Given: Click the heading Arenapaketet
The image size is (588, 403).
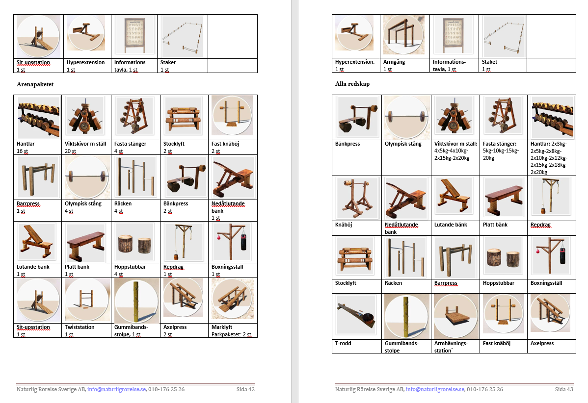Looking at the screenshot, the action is [x=35, y=84].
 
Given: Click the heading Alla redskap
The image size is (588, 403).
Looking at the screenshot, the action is [x=352, y=84].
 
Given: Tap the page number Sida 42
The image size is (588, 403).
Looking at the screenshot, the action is [x=245, y=389].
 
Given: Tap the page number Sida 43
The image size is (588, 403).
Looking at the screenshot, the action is [x=564, y=389].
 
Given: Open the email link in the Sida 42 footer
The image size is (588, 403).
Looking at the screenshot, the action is [x=116, y=389].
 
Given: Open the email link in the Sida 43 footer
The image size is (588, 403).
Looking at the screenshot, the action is [x=435, y=389].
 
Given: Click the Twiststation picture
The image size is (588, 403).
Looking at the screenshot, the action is [x=86, y=300].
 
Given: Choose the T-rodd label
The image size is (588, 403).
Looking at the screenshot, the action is [x=343, y=343].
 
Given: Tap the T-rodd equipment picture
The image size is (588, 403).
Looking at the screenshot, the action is [x=355, y=315].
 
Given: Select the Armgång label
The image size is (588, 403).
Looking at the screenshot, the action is [x=394, y=62].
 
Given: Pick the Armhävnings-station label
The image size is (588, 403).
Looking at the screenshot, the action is [x=451, y=347].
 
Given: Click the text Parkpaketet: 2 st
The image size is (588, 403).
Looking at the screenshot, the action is [x=231, y=334].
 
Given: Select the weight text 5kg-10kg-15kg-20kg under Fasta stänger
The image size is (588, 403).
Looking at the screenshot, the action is [x=501, y=154].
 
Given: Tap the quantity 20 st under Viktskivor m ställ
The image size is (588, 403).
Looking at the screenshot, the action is [x=71, y=151].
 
